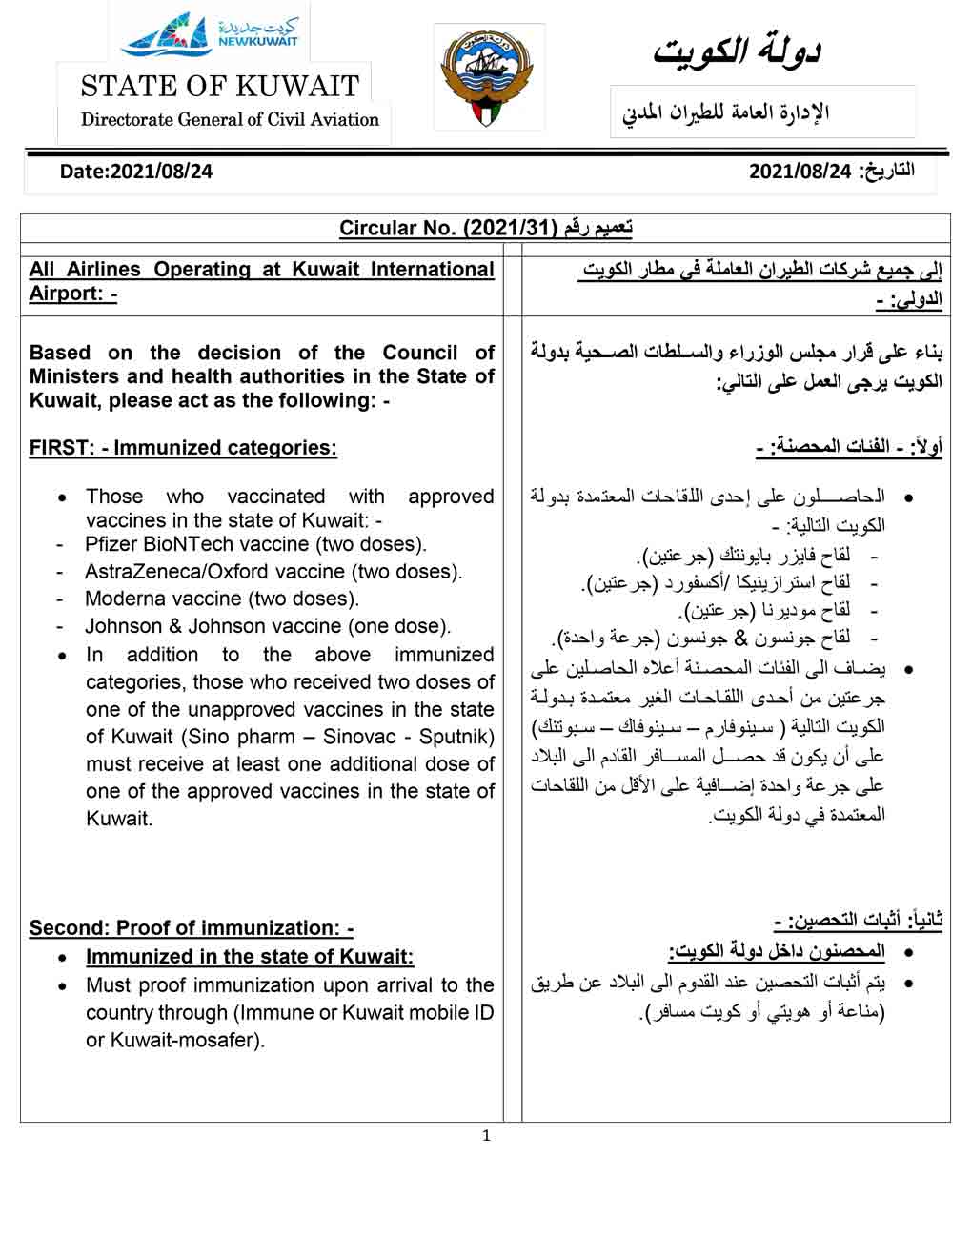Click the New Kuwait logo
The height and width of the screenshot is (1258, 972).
[210, 34]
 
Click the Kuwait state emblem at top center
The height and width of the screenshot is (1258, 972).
[489, 77]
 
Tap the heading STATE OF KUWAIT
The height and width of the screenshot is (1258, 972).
[219, 87]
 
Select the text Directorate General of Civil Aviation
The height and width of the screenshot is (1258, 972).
[230, 120]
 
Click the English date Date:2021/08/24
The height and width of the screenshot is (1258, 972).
[136, 172]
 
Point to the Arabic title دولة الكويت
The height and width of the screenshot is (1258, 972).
[737, 51]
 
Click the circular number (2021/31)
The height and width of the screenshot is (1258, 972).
[509, 229]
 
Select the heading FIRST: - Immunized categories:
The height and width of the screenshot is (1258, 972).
[183, 448]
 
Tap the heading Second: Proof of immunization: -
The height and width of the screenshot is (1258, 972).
[192, 928]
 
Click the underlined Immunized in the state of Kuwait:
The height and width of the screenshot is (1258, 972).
[250, 957]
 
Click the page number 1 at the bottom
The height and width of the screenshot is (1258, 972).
[486, 1135]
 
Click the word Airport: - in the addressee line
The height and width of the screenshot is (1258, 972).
[72, 294]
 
